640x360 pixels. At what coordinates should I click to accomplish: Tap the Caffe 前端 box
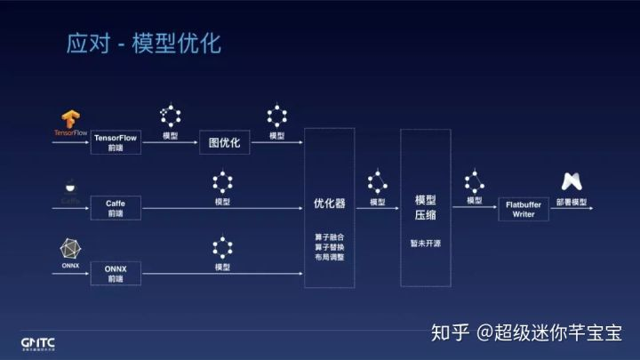tap(116, 209)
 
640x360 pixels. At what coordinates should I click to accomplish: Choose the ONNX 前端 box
tap(116, 272)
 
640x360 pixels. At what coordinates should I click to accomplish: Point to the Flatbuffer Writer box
tap(524, 209)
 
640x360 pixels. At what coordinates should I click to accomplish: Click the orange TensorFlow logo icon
tap(71, 119)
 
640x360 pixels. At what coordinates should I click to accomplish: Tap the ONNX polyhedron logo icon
tap(70, 248)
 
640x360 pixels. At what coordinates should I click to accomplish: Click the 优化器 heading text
tap(329, 203)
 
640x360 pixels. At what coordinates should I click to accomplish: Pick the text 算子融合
tap(329, 236)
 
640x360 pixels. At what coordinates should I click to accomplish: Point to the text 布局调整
tap(329, 257)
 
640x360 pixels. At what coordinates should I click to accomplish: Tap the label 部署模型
tap(572, 203)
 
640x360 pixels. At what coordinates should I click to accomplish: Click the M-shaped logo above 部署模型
tap(572, 181)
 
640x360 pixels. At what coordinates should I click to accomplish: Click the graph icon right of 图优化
tap(277, 116)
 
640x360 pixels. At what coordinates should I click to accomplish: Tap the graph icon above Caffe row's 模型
tap(222, 183)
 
